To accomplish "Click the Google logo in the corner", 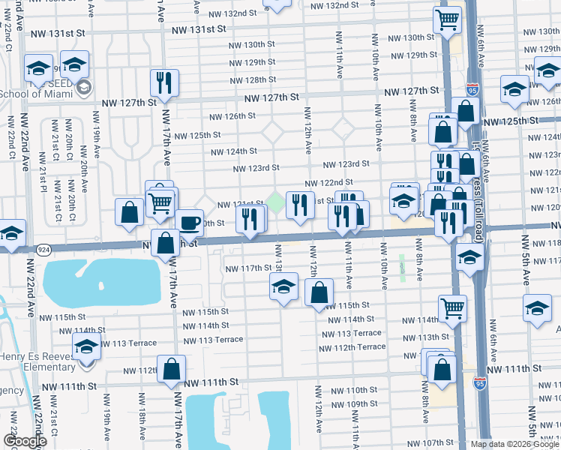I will pos(25,441).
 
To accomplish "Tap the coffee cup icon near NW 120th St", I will pos(190,223).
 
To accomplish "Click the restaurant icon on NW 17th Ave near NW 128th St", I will pos(163,82).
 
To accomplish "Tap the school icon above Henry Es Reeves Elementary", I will pos(86,347).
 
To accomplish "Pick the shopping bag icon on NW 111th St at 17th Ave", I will pos(172,369).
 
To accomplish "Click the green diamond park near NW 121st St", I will pos(276,201).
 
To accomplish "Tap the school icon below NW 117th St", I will pos(283,286).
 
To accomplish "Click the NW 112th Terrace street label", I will pos(360,346).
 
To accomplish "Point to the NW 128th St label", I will pos(252,79).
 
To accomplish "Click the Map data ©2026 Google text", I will pos(514,444).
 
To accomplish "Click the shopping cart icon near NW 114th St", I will pos(452,308).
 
